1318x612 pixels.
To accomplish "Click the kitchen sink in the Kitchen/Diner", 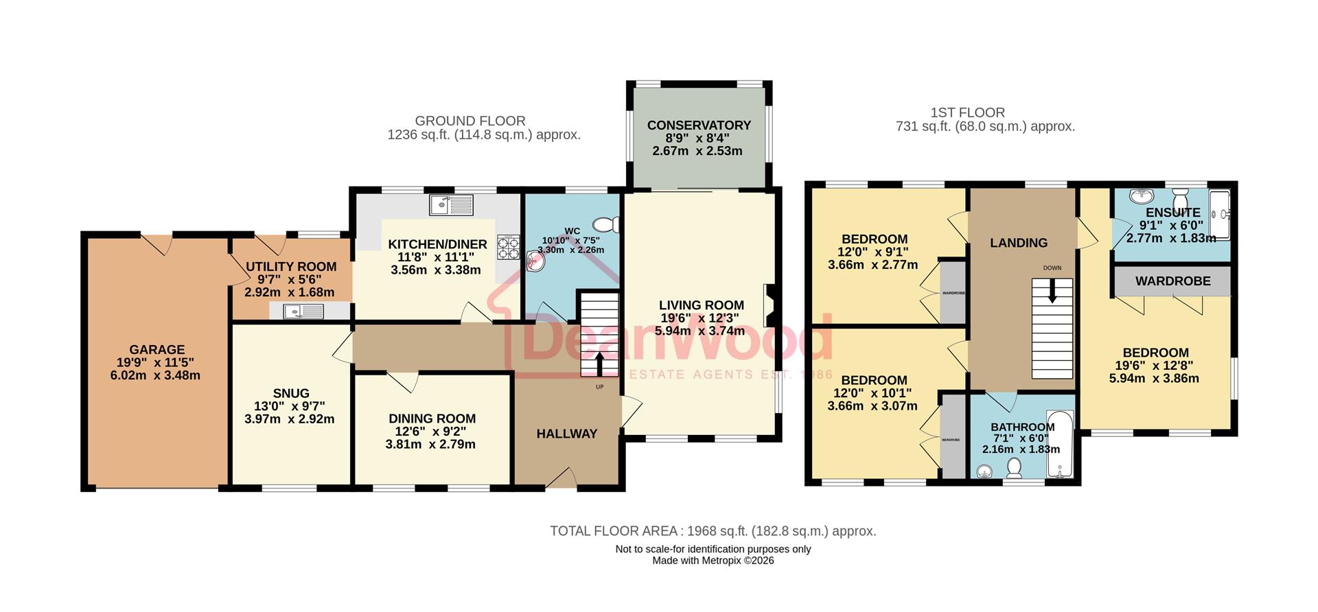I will coord(451,204).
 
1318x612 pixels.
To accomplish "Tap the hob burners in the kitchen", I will coord(509,248).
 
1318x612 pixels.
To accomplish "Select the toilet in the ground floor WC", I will coord(606,224).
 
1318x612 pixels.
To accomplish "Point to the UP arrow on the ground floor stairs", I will coord(599,364).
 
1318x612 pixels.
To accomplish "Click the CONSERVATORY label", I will coord(699,126).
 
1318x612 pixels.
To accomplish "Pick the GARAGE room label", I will coord(157,350).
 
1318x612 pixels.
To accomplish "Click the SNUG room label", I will coord(291,394).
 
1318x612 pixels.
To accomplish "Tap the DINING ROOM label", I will coord(432,419).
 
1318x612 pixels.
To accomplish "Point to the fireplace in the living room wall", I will coord(769,305).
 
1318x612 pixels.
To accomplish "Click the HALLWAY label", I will coord(567,434).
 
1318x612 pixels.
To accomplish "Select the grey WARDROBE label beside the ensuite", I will coord(1172,281).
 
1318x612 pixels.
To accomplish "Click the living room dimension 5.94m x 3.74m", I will coord(700,331).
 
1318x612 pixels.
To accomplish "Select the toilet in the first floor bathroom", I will coord(1014,469).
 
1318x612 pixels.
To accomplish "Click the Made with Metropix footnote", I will coord(713,561).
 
